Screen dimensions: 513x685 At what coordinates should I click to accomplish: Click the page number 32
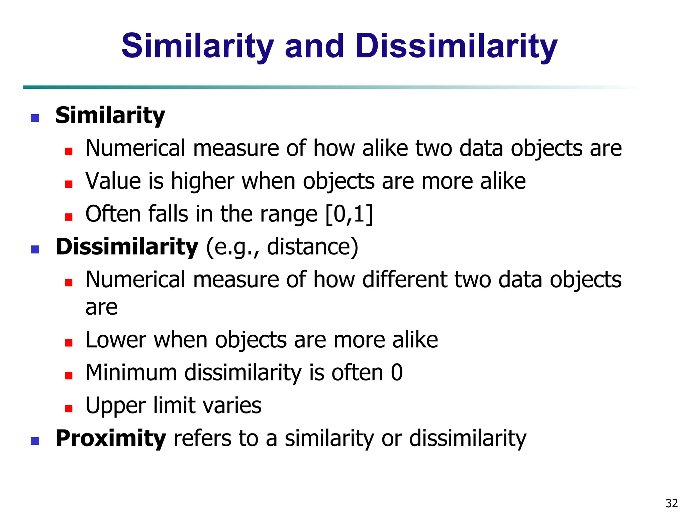point(672,503)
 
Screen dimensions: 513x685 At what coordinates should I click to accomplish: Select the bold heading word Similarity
point(110,116)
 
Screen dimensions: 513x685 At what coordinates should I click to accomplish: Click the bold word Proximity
point(111,438)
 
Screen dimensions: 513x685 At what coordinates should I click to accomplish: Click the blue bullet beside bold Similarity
point(35,118)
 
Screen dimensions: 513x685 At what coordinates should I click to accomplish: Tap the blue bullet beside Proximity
point(35,441)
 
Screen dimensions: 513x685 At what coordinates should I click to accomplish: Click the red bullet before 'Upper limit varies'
point(69,408)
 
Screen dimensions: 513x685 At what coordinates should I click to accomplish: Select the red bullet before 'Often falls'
point(69,217)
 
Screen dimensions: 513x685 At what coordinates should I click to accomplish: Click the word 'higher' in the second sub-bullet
point(202,181)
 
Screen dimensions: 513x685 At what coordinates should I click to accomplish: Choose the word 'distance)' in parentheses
point(312,247)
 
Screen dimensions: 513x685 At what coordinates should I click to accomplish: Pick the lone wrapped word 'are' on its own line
point(101,307)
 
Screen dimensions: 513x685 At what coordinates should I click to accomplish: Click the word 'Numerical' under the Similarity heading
point(135,148)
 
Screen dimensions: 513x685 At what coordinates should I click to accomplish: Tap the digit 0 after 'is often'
point(397,373)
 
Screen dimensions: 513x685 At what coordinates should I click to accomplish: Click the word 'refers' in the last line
point(202,438)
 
